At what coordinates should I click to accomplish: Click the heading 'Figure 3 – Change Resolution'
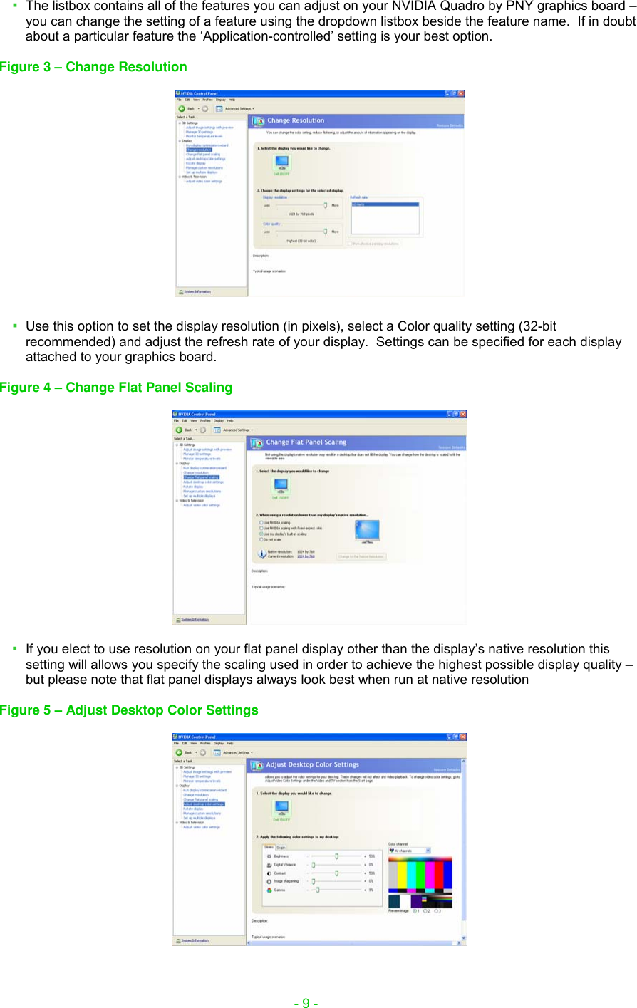[x=93, y=67]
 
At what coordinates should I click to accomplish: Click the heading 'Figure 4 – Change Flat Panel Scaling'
[x=116, y=388]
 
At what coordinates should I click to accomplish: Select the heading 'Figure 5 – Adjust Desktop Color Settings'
[x=129, y=710]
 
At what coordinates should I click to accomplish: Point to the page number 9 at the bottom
[x=306, y=1003]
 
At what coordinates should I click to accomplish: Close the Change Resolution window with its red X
[x=461, y=93]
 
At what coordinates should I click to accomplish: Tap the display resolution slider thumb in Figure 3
[x=326, y=205]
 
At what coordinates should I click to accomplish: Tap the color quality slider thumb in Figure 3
[x=326, y=232]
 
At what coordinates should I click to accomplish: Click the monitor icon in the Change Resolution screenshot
[x=281, y=163]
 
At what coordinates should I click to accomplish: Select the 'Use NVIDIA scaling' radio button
[x=261, y=522]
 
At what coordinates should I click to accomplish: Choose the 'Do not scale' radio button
[x=261, y=539]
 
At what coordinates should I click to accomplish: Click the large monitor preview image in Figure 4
[x=367, y=531]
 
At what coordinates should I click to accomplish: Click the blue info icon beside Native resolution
[x=261, y=554]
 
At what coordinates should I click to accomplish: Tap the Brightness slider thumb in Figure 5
[x=336, y=856]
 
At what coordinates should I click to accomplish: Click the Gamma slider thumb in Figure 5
[x=318, y=890]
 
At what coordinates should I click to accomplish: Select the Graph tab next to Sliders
[x=281, y=848]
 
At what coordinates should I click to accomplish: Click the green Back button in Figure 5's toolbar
[x=179, y=752]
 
